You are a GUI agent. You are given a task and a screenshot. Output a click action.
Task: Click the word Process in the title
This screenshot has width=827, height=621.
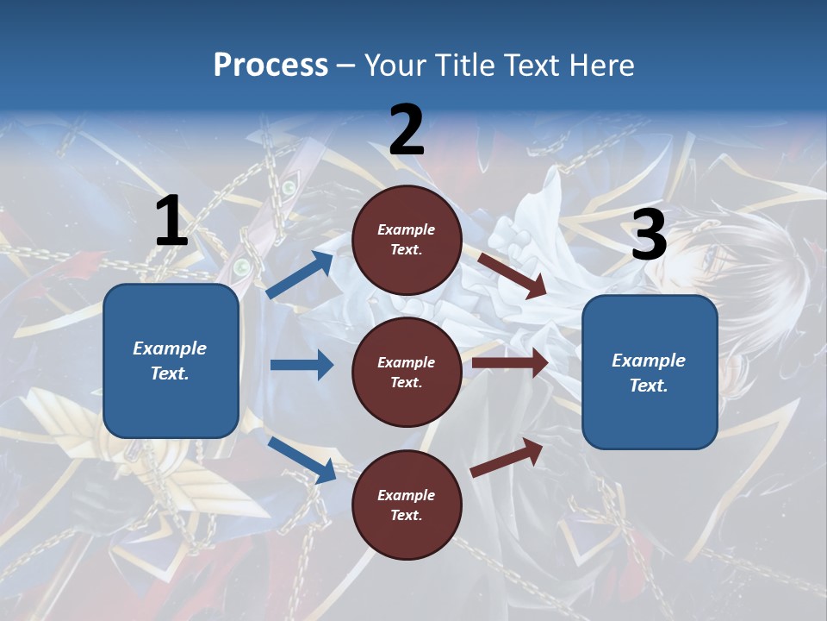point(270,66)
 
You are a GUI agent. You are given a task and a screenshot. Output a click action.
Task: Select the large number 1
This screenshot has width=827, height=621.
point(171,222)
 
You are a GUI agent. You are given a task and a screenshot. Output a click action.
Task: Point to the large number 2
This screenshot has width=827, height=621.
point(407,130)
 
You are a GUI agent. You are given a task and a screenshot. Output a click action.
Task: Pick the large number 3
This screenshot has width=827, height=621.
point(649,235)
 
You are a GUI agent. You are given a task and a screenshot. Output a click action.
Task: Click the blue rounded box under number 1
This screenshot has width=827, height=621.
point(171,361)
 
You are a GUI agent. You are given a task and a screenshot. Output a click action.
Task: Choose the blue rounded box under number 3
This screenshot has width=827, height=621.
point(650,373)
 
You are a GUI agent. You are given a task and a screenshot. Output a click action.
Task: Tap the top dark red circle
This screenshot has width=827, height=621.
point(407,240)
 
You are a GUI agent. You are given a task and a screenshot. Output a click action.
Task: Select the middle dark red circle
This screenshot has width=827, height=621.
point(407,372)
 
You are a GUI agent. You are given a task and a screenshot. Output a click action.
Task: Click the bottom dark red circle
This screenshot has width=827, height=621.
point(407,505)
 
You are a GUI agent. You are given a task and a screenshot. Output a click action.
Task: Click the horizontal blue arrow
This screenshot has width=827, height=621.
point(302,365)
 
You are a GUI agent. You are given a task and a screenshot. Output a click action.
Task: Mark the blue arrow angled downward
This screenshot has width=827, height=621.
point(302,459)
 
